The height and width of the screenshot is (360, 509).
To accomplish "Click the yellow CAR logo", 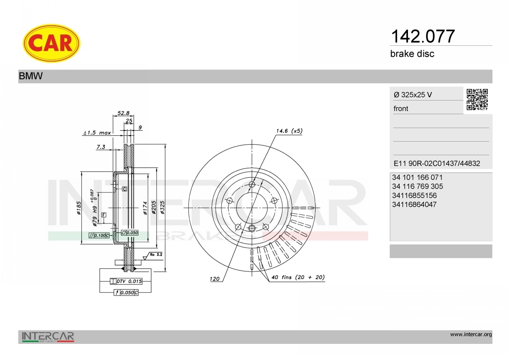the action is pyautogui.click(x=51, y=43).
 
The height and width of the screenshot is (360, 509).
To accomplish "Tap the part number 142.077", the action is pyautogui.click(x=422, y=36).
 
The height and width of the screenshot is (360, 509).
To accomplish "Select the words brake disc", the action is pyautogui.click(x=412, y=54).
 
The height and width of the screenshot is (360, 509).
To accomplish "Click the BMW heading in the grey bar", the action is pyautogui.click(x=31, y=76).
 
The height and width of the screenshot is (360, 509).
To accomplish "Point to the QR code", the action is pyautogui.click(x=477, y=100).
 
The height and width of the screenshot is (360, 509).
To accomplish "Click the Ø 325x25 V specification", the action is pyautogui.click(x=413, y=95).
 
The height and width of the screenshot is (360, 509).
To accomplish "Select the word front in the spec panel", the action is pyautogui.click(x=401, y=109).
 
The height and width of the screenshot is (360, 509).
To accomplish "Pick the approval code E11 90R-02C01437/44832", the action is pyautogui.click(x=437, y=163).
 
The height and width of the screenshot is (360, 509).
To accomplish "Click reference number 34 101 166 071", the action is pyautogui.click(x=417, y=177).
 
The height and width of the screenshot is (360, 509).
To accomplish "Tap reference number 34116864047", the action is pyautogui.click(x=414, y=204).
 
